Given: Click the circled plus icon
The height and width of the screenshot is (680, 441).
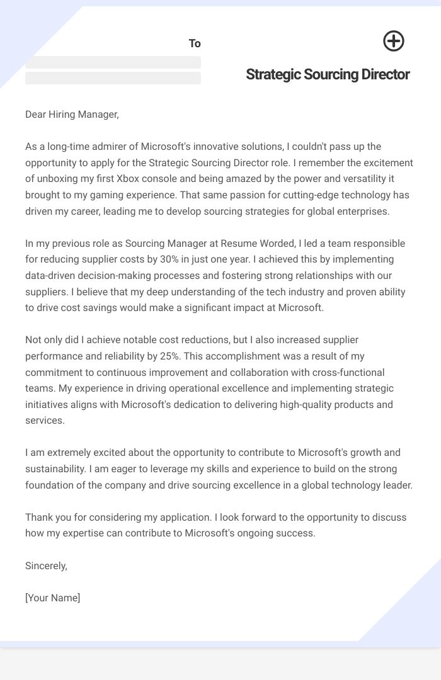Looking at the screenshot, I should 394,42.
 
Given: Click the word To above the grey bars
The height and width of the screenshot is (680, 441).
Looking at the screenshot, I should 195,43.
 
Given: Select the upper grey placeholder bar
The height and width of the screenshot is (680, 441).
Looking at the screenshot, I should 113,62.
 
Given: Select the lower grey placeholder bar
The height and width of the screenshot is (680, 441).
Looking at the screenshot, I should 113,78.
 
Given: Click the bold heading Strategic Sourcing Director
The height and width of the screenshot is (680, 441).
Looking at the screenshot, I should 328,74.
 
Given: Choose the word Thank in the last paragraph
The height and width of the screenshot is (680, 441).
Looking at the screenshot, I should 39,517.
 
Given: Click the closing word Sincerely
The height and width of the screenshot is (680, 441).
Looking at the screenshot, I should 46,565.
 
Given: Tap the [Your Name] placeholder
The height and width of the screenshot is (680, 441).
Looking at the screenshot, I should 53,598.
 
